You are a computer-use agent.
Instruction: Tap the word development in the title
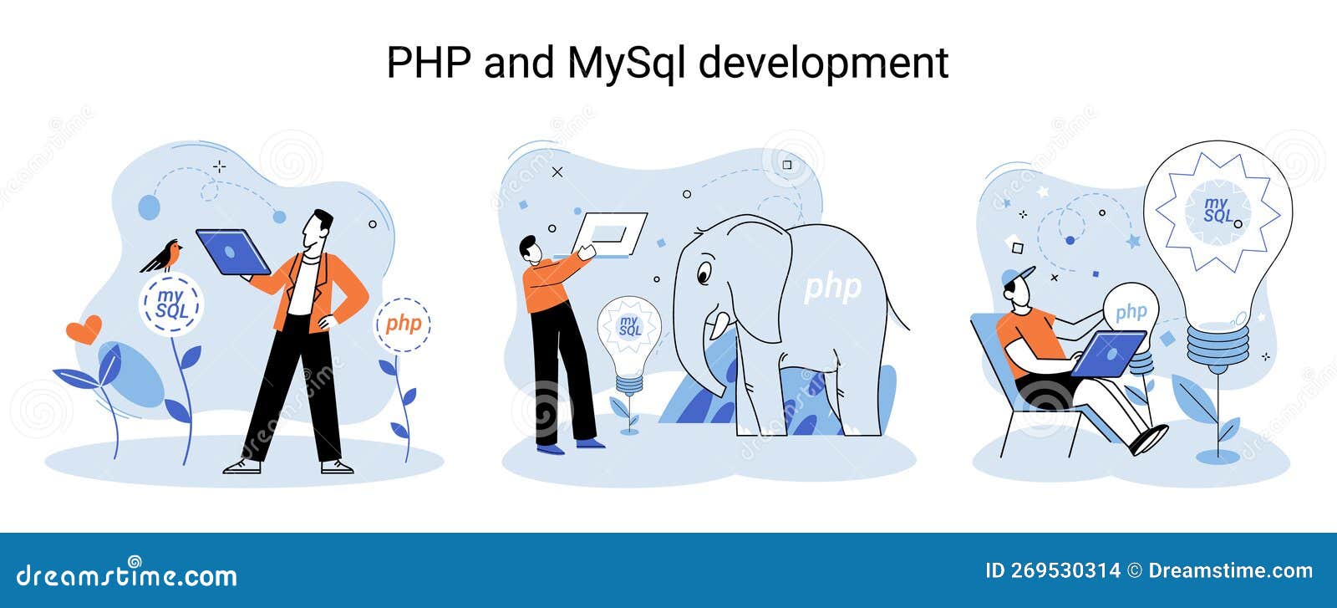tap(823, 63)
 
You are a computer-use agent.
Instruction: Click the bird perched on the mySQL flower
tap(161, 256)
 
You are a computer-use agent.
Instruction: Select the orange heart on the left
tap(84, 329)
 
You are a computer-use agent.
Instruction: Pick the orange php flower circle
tap(402, 324)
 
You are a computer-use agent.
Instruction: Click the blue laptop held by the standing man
tap(233, 252)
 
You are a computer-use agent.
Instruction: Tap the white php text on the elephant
tap(832, 289)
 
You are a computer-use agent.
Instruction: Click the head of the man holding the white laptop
tap(530, 249)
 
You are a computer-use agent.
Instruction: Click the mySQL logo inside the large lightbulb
tap(1218, 210)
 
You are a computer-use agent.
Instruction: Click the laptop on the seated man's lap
tap(1107, 354)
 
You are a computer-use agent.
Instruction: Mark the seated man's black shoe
tap(1149, 440)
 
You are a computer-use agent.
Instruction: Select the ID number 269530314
tap(1065, 571)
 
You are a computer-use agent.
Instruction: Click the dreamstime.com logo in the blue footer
tap(126, 574)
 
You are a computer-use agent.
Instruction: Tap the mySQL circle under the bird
tap(171, 304)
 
